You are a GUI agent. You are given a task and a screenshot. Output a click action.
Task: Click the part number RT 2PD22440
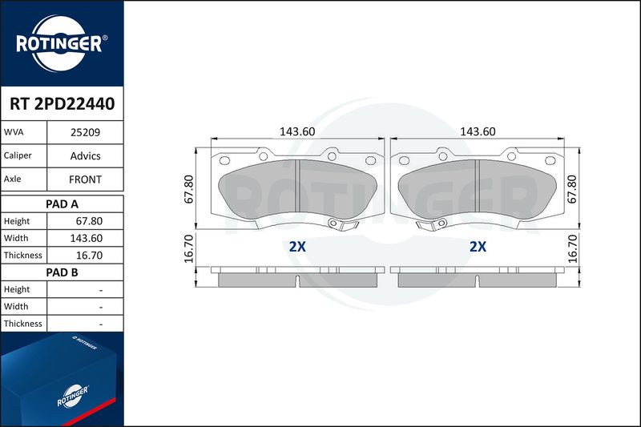tap(62, 104)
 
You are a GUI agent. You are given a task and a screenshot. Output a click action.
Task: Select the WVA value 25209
tap(85, 132)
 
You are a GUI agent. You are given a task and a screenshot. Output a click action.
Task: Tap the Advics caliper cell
tap(85, 155)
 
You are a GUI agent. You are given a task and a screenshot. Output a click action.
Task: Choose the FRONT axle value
tap(85, 179)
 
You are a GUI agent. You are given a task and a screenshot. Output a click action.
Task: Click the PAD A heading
tap(62, 204)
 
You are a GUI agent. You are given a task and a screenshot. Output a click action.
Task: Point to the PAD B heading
tap(62, 272)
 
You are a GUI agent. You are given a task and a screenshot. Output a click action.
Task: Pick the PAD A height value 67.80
tap(89, 221)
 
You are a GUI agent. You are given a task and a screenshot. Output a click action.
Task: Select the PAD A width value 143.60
tap(86, 238)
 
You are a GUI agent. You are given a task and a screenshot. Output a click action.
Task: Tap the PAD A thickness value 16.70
tap(89, 256)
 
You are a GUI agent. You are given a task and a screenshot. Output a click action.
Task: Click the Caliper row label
tap(18, 155)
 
